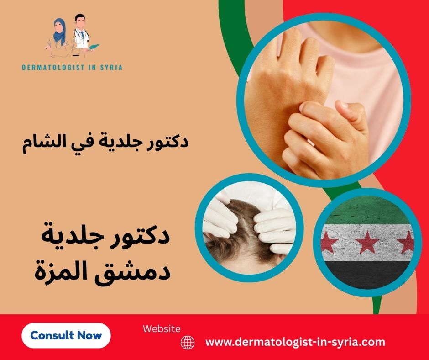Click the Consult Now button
click(66, 335)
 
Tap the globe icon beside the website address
click(188, 342)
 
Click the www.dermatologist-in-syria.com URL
click(296, 342)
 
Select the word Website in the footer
click(162, 328)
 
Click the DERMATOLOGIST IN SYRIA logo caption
click(72, 67)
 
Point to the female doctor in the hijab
click(58, 35)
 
